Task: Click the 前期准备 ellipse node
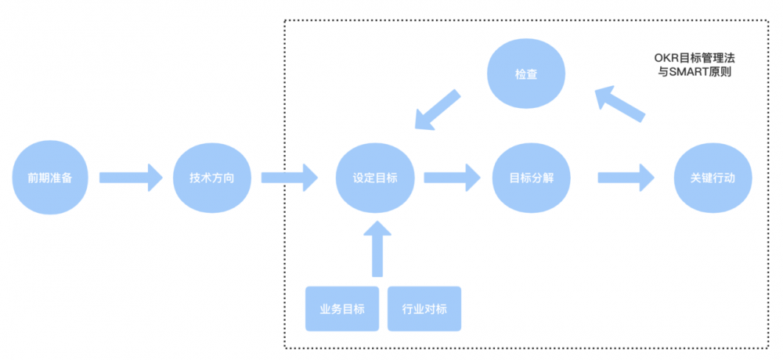pos(49,178)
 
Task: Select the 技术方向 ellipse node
pos(211,178)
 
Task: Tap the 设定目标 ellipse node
pos(375,178)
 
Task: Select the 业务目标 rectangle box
pos(342,308)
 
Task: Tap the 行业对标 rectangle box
pos(424,308)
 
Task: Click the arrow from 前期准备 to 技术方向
pos(130,178)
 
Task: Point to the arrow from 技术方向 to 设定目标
pos(290,178)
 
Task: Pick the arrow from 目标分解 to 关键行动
pos(626,178)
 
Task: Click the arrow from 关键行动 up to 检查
pos(619,103)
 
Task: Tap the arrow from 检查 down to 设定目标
pos(437,110)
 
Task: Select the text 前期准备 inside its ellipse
pos(49,178)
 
